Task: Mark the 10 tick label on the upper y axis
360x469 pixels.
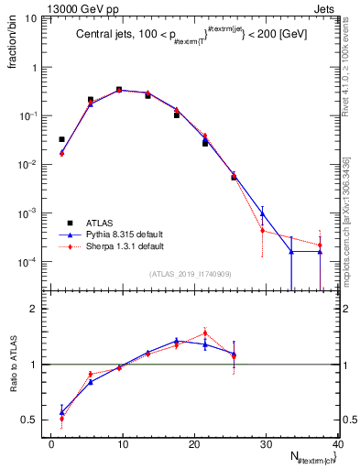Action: pos(37,19)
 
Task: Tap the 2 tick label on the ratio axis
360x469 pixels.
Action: pos(39,309)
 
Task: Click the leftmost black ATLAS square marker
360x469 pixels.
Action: pos(61,139)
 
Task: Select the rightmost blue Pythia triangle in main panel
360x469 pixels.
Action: pos(320,251)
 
